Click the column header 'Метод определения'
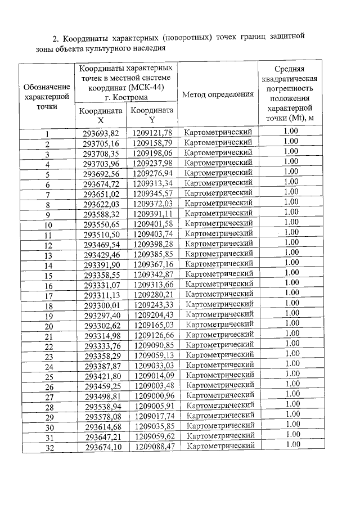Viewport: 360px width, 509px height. pyautogui.click(x=218, y=94)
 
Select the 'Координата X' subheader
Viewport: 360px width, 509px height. pyautogui.click(x=101, y=115)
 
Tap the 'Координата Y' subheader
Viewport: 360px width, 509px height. pyautogui.click(x=152, y=115)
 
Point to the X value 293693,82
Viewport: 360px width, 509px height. pyautogui.click(x=101, y=133)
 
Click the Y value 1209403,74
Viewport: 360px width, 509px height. pyautogui.click(x=152, y=234)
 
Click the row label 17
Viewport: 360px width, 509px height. pyautogui.click(x=48, y=296)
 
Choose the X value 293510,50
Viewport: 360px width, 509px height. pyautogui.click(x=101, y=234)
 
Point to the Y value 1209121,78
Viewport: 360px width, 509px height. pyautogui.click(x=152, y=133)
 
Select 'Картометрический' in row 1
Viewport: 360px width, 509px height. pyautogui.click(x=218, y=132)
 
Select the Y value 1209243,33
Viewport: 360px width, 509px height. pyautogui.click(x=152, y=305)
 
